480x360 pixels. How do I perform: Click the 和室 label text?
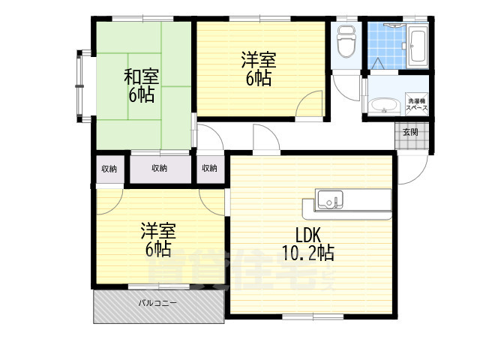point(140,76)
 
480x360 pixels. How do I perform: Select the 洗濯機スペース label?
point(417,105)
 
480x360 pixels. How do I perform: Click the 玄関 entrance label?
point(410,132)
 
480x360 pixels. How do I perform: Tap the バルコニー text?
point(157,304)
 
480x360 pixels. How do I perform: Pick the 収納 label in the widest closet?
point(159,168)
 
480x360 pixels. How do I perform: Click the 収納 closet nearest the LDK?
point(209,168)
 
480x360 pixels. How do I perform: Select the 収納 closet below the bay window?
point(109,168)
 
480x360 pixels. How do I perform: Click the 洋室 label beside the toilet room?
point(257,58)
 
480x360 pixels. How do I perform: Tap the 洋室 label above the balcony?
point(158,230)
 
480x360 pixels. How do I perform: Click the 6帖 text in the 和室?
point(140,95)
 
